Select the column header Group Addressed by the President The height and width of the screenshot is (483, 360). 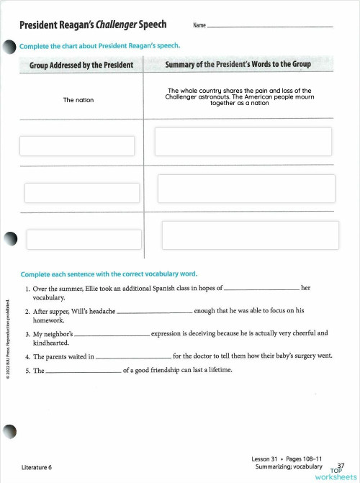click(81, 65)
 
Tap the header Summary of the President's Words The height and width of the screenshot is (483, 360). click(238, 65)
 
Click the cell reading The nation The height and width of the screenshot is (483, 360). click(78, 100)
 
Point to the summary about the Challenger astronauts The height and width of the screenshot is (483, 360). click(239, 96)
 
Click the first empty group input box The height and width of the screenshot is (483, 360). click(77, 146)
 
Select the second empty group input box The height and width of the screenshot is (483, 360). click(82, 193)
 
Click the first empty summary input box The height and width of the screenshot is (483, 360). click(243, 142)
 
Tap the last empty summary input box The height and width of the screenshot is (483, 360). click(251, 235)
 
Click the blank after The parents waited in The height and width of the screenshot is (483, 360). click(133, 356)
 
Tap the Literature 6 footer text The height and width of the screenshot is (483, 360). click(37, 467)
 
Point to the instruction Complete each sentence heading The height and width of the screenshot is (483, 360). click(109, 274)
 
